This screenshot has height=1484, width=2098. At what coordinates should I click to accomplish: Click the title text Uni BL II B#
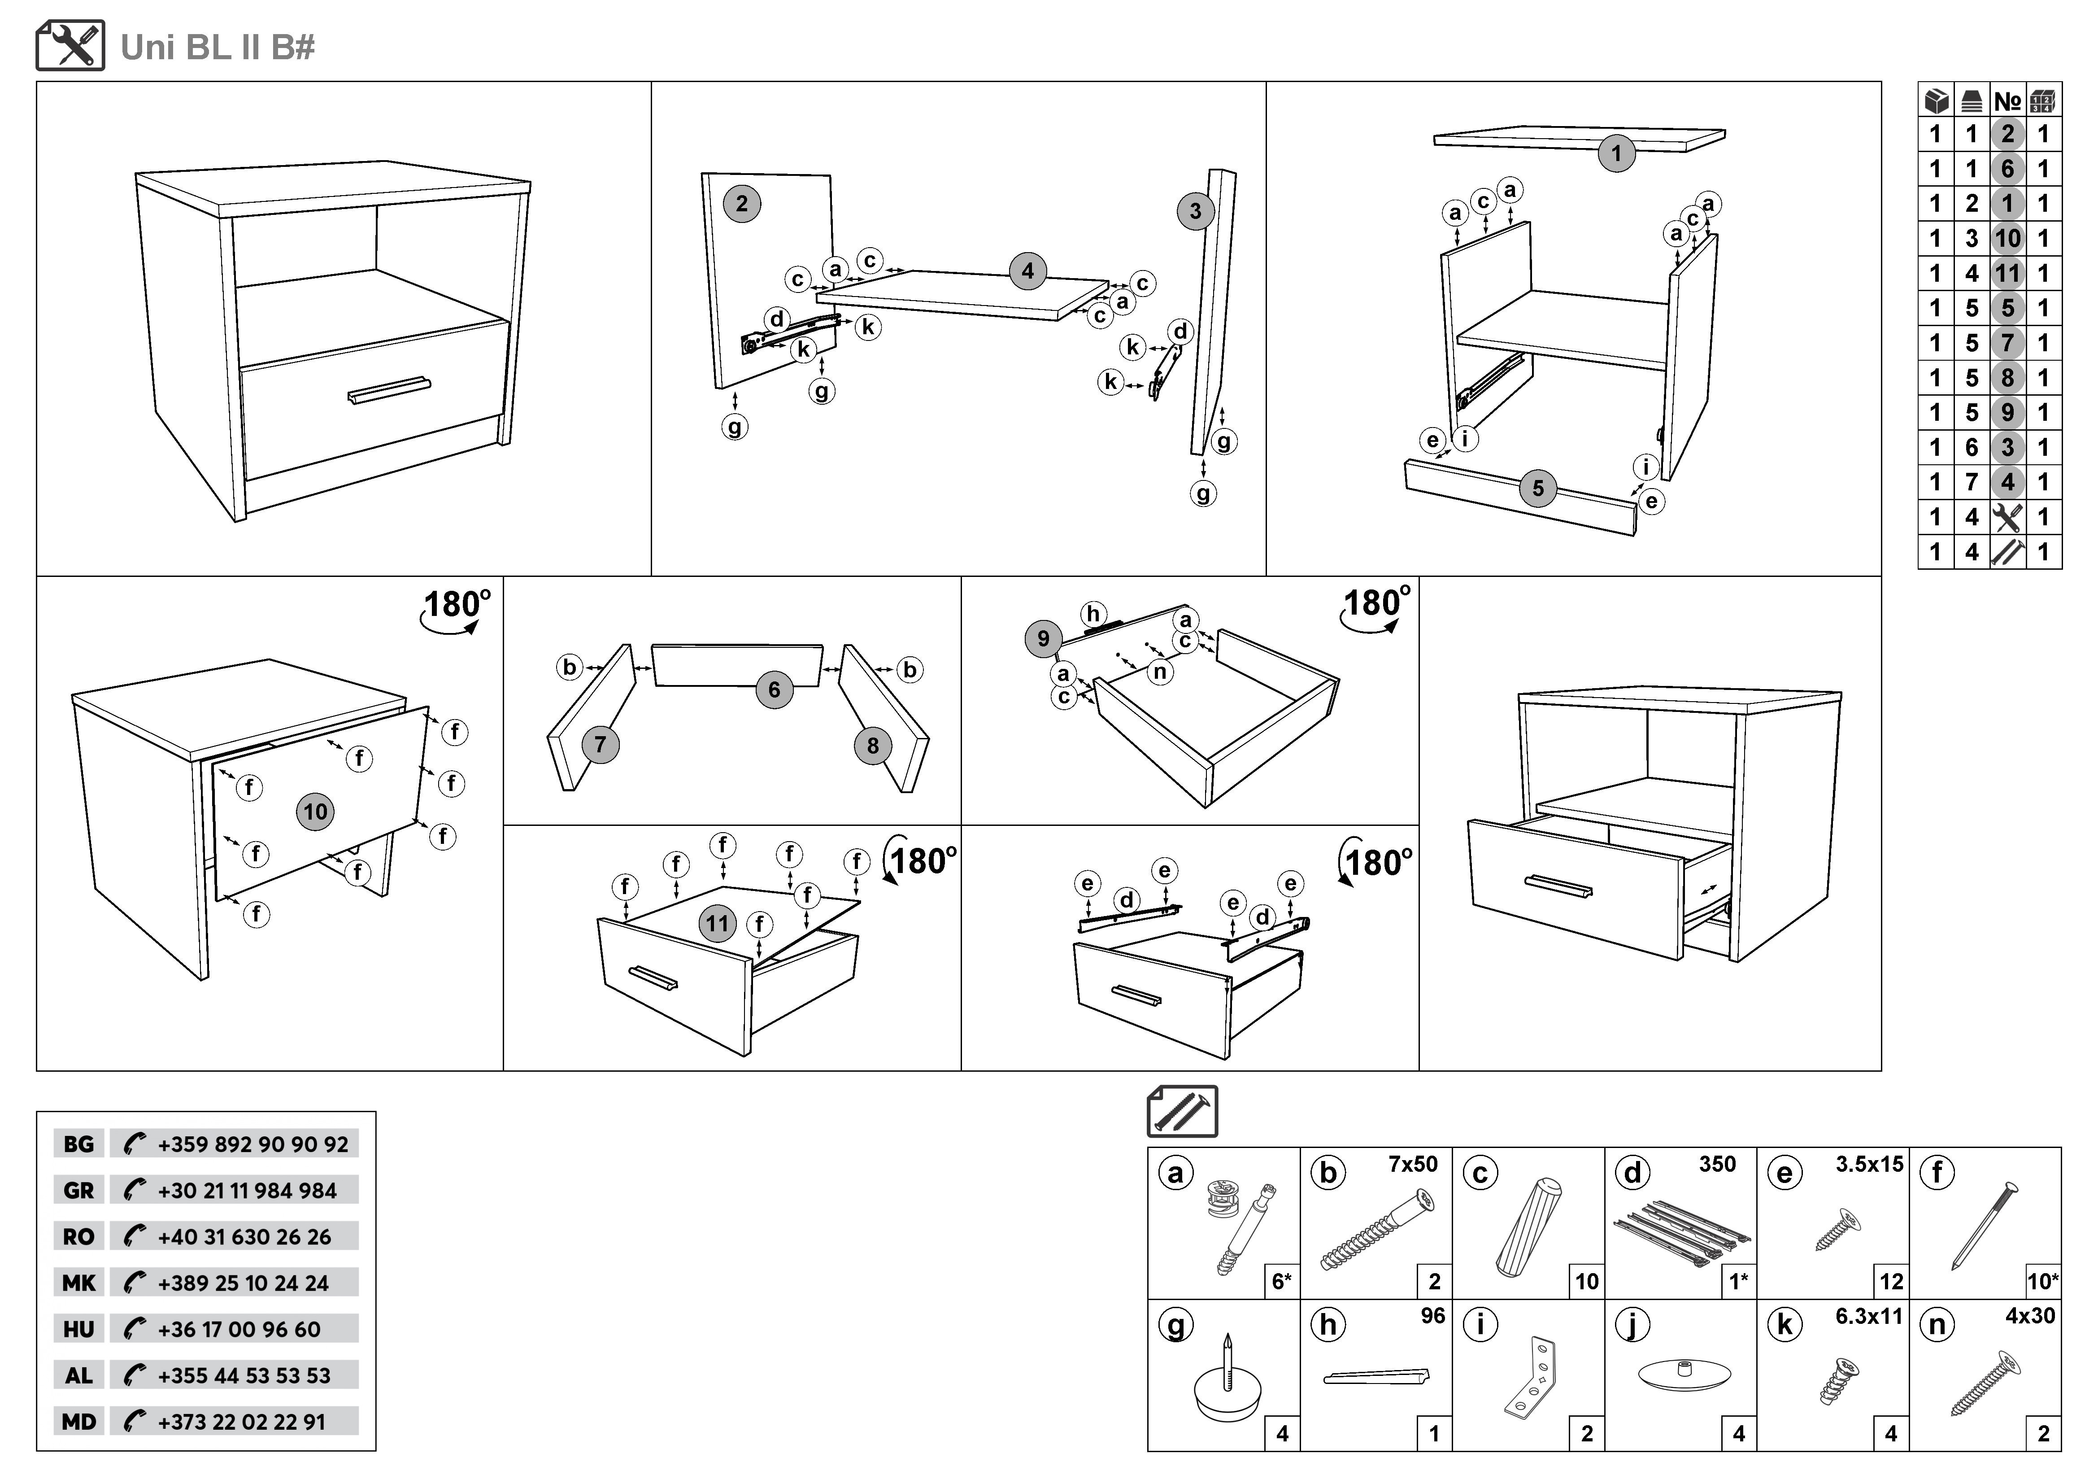[218, 48]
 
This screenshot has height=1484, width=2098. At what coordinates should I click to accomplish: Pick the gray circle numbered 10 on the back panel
[315, 812]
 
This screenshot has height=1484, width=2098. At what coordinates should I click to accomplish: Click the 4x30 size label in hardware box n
[2030, 1316]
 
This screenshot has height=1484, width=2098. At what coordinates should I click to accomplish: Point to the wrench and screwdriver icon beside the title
[70, 46]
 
